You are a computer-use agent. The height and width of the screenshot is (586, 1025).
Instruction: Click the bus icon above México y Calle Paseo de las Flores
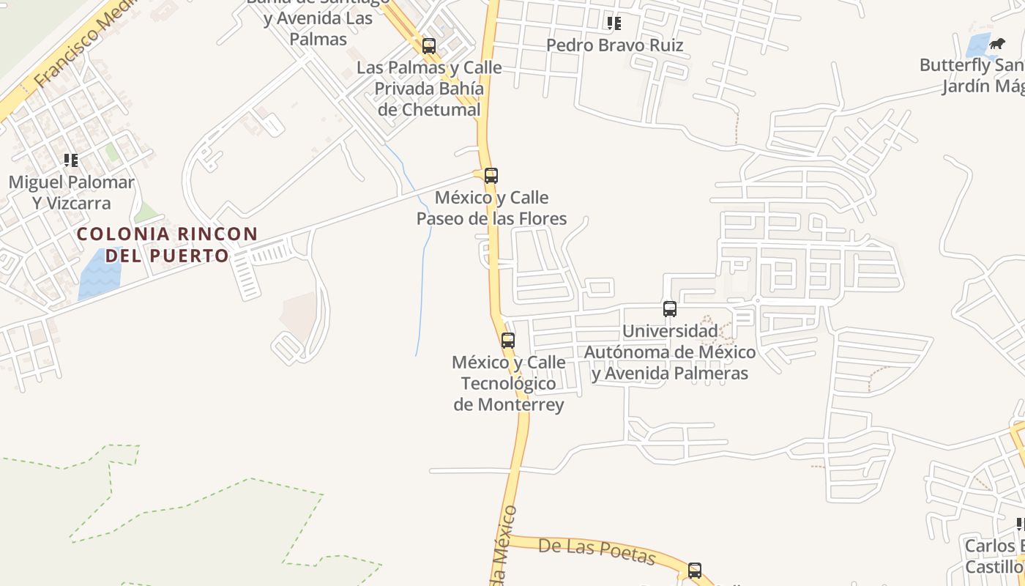click(x=491, y=176)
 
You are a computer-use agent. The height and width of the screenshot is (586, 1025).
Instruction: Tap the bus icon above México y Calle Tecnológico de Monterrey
click(x=507, y=340)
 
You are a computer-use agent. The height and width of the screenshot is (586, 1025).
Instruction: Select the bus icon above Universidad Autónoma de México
click(x=669, y=309)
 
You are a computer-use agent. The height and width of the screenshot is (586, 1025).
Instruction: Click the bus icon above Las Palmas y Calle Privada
click(x=429, y=46)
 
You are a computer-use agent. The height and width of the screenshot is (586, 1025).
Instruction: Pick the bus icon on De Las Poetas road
click(x=694, y=570)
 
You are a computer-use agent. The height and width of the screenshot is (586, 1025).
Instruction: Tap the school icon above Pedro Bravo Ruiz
click(x=614, y=23)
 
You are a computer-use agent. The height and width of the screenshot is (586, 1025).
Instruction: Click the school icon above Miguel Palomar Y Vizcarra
click(x=71, y=160)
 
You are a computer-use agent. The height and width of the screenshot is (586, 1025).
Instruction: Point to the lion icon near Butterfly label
click(x=996, y=44)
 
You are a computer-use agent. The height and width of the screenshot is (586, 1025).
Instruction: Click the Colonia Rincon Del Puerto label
click(x=167, y=245)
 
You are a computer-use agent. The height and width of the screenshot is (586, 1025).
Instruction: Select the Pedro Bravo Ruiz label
click(x=614, y=45)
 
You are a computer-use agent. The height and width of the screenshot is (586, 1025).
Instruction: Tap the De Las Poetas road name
click(x=597, y=551)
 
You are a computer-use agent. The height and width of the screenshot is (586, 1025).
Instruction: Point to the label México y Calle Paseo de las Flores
click(x=491, y=208)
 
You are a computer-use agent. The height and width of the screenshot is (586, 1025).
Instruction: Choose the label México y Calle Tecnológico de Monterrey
click(x=509, y=383)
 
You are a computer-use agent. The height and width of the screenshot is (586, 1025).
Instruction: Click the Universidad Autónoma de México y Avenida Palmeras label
click(x=670, y=352)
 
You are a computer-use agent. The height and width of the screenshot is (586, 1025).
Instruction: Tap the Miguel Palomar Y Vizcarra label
click(x=71, y=193)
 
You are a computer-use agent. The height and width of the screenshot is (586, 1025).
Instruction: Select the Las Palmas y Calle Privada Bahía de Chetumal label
click(x=429, y=89)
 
